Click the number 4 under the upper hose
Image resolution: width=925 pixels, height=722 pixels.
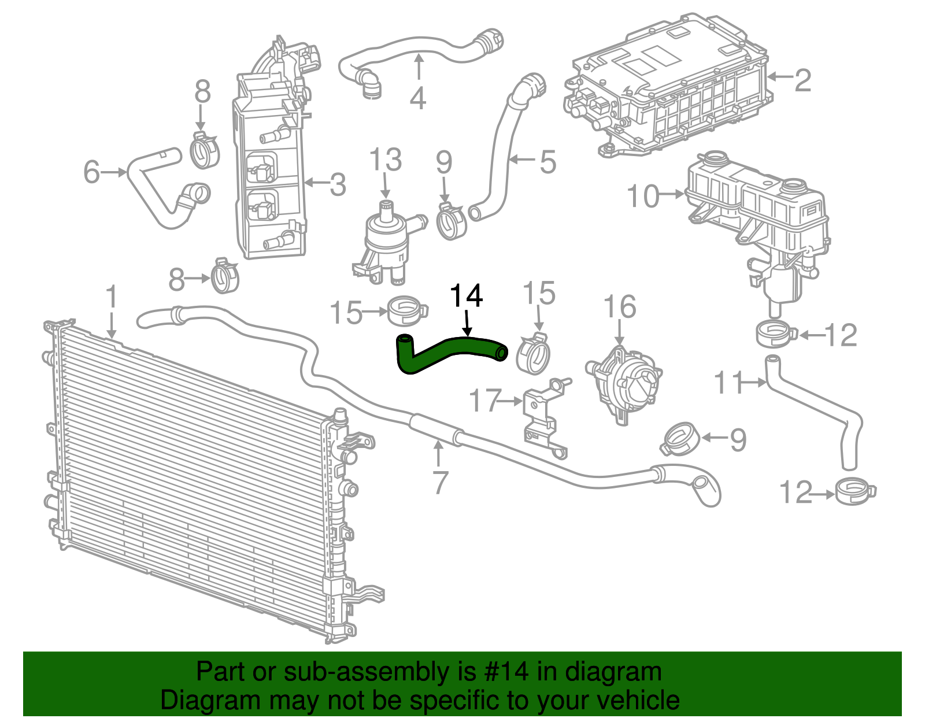coord(417,98)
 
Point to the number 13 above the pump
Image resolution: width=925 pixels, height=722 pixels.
coord(385,160)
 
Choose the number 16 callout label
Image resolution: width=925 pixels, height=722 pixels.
coord(620,306)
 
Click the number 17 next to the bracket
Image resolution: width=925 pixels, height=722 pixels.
coord(485,400)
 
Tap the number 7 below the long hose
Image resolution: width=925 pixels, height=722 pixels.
coord(440,482)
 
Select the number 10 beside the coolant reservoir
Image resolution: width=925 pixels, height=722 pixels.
coord(643,196)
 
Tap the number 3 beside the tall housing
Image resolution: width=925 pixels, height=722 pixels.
coord(338,184)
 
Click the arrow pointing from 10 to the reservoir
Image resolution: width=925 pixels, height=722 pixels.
coord(672,194)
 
